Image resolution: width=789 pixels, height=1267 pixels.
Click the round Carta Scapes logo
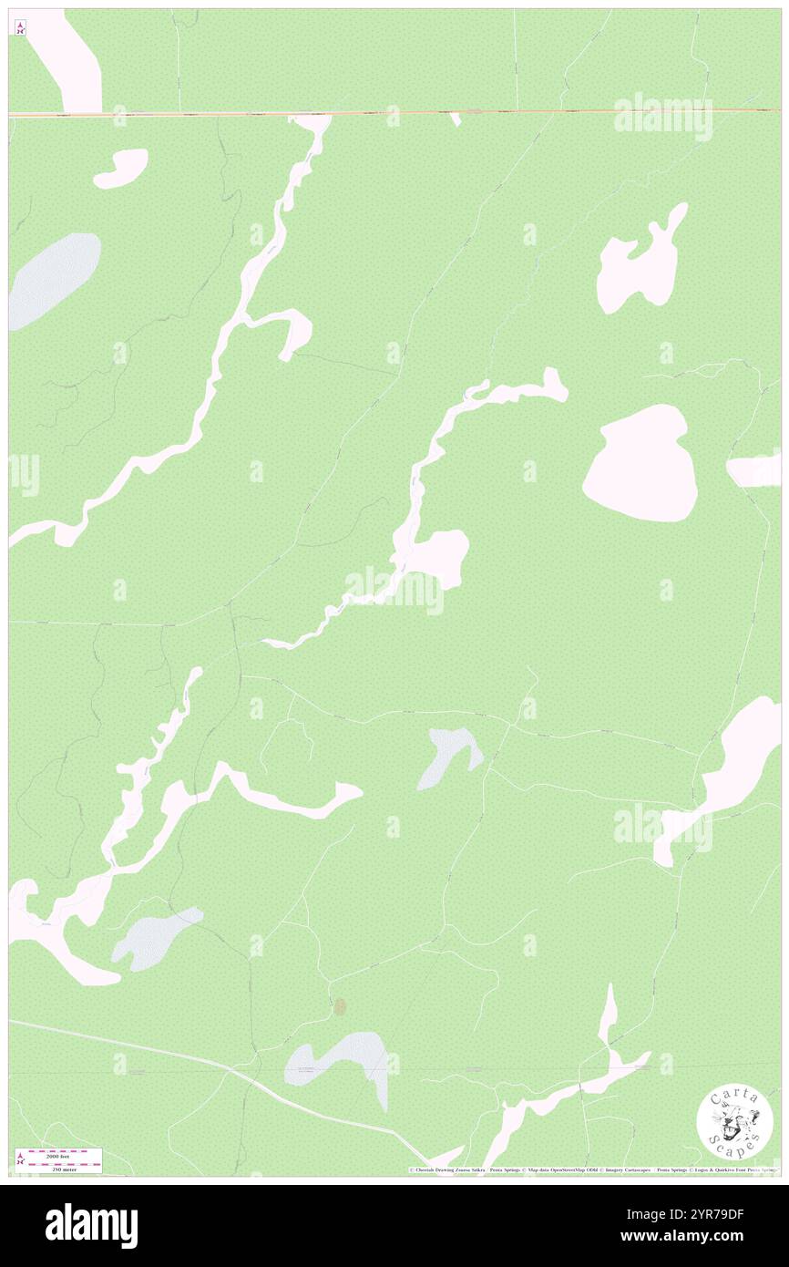click(734, 1120)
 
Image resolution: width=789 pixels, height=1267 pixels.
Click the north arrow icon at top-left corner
click(20, 27)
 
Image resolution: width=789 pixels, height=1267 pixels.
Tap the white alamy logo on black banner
click(91, 1225)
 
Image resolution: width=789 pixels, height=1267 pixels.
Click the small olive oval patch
click(340, 1006)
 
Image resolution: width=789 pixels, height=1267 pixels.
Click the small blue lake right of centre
click(448, 754)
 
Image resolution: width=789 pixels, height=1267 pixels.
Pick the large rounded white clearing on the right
click(642, 464)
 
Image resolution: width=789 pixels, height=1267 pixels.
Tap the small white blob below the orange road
click(121, 168)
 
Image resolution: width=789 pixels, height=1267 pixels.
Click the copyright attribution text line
click(592, 1169)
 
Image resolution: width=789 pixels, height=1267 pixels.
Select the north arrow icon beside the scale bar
click(20, 1160)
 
